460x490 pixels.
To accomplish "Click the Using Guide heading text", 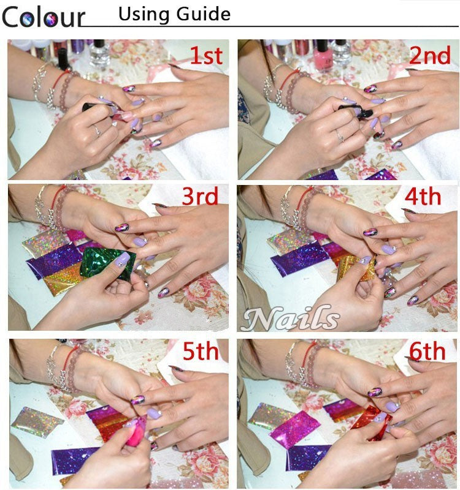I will coord(174,14).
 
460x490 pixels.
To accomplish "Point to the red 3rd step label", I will coord(200,197).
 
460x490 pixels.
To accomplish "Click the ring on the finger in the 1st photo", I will coord(96,130).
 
